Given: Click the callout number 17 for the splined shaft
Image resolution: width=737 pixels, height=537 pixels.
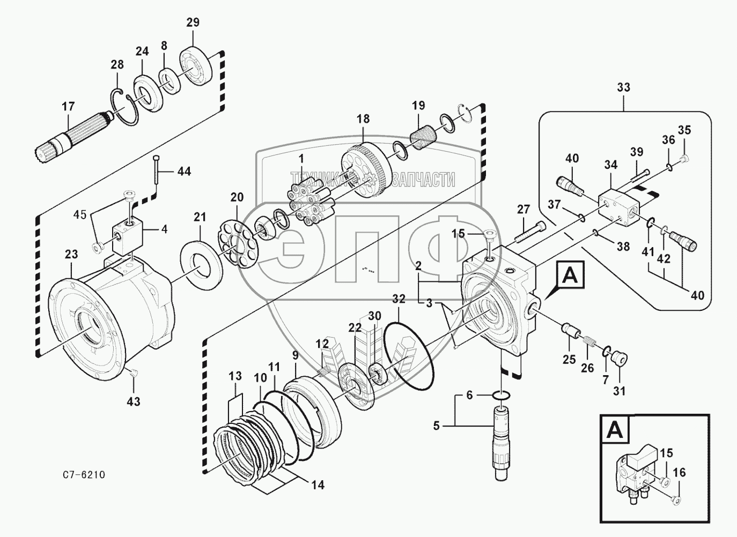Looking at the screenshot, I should point(68,107).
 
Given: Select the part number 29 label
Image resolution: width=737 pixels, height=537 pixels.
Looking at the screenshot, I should point(193,23).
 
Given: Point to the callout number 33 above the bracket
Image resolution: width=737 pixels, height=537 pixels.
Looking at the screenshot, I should point(623,87).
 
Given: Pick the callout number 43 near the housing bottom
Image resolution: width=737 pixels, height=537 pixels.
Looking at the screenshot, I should point(133,400).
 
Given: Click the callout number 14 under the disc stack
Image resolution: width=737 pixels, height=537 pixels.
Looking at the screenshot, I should point(318,485).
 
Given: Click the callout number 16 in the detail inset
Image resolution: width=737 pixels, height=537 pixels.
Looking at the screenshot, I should point(679,473).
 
